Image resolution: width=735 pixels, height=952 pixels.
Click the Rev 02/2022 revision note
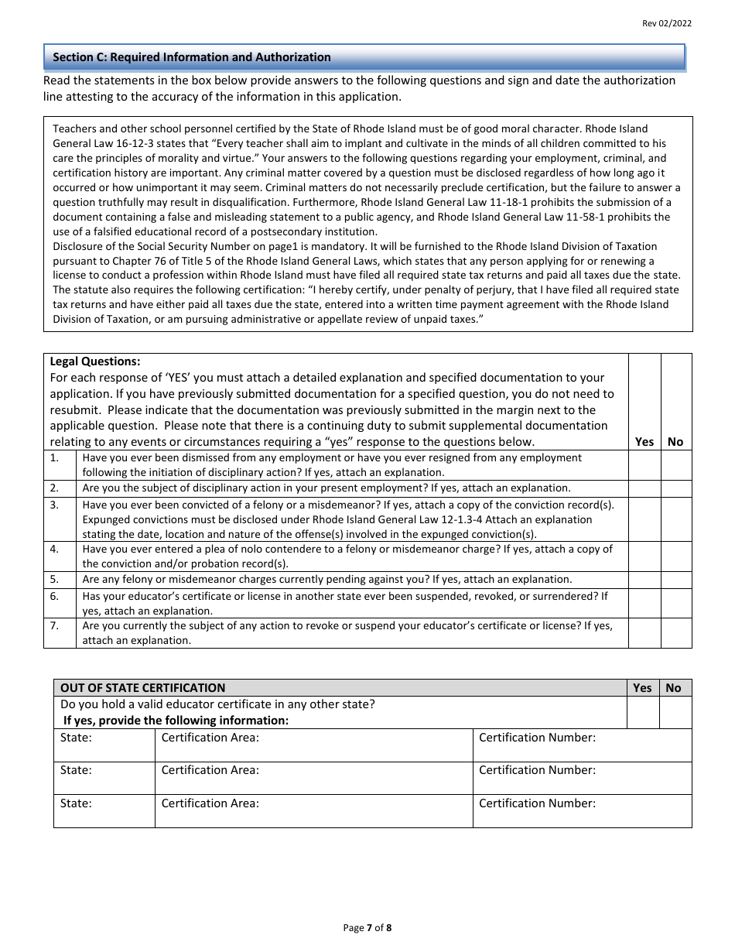[x=667, y=23]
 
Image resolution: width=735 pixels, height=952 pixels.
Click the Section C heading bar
[x=364, y=57]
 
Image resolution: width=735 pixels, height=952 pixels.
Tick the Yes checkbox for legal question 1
[x=644, y=465]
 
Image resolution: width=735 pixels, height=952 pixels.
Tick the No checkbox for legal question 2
[x=675, y=488]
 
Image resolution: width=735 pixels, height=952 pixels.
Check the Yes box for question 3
[x=644, y=519]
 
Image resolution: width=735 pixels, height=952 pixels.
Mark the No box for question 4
[x=675, y=556]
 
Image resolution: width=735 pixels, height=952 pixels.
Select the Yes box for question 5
[x=644, y=580]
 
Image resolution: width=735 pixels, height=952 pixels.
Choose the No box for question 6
[x=675, y=603]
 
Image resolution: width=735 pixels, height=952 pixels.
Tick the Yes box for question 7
[x=644, y=632]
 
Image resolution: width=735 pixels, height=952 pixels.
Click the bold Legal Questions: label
[x=95, y=361]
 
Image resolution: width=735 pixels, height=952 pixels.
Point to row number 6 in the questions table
[x=55, y=596]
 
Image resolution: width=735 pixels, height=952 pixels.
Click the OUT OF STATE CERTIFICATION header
[x=143, y=687]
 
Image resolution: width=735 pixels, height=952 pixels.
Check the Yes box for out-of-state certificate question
[x=642, y=712]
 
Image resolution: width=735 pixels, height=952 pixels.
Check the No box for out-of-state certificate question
[x=675, y=712]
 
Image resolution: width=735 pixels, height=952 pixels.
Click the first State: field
[x=104, y=745]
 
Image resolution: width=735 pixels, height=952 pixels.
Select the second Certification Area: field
[x=313, y=778]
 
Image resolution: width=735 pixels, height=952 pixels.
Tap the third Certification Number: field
[x=582, y=811]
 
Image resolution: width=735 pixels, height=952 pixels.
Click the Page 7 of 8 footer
[x=367, y=927]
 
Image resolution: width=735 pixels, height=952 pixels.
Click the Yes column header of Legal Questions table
[x=644, y=441]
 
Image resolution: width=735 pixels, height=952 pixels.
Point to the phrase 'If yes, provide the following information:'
[x=176, y=721]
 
